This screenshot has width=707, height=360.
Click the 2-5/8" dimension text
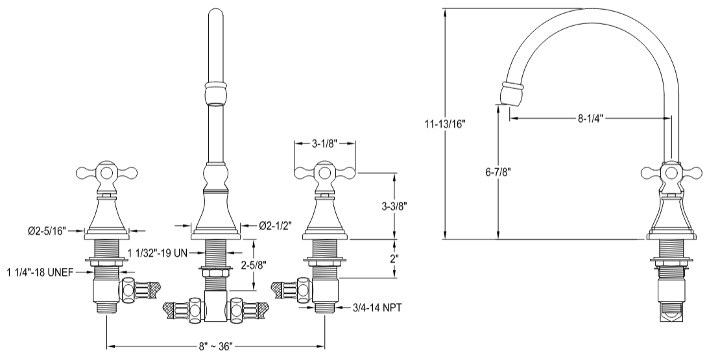254,266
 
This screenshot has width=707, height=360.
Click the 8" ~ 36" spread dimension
214,346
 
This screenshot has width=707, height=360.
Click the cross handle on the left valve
107,173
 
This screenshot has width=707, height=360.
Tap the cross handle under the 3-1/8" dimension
325,173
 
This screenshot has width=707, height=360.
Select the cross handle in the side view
671,173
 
